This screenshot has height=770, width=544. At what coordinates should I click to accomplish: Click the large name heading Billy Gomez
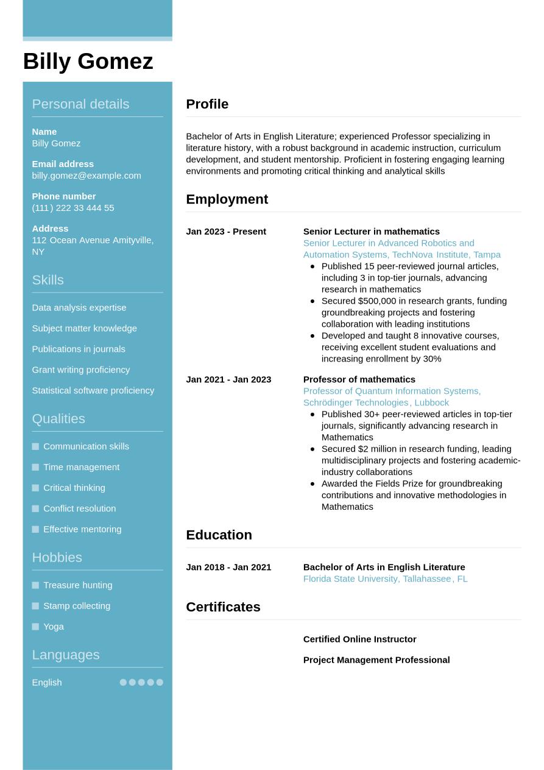88,62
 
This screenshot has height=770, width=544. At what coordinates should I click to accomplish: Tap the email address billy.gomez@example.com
87,176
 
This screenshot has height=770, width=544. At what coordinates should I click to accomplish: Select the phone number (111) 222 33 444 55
73,208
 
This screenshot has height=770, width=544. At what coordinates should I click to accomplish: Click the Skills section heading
48,280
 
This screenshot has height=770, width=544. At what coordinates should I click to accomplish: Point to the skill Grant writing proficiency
81,369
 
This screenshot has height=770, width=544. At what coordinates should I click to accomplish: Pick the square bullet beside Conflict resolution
35,508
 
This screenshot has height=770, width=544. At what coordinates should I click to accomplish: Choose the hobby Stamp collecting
77,605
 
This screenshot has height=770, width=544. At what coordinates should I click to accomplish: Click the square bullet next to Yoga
35,627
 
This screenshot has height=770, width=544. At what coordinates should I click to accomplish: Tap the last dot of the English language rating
160,682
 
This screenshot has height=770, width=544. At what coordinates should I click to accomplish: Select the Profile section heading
207,104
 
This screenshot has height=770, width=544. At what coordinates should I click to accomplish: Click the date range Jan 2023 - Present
226,232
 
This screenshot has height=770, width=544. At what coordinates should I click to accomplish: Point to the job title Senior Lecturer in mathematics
371,232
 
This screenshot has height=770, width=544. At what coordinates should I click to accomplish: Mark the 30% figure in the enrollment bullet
432,358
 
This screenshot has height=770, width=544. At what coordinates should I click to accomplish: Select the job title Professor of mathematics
359,379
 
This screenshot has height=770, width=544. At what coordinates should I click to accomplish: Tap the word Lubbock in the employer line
431,402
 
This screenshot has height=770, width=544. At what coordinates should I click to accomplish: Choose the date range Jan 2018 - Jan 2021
228,567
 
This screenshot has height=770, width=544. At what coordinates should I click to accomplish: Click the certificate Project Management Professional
376,660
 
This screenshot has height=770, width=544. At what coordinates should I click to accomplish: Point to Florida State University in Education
350,579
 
